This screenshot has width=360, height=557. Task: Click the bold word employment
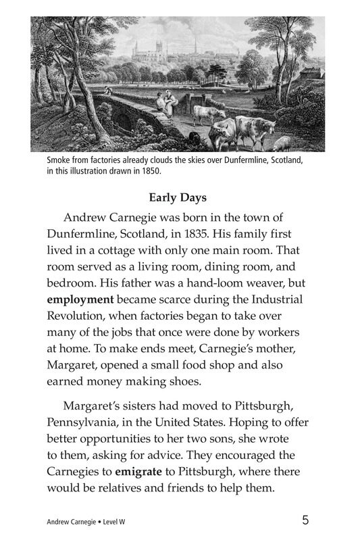coord(80,299)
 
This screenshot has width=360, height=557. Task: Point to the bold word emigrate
coord(143,471)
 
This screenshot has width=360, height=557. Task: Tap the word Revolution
coord(79,315)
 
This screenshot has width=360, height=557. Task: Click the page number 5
coord(306,520)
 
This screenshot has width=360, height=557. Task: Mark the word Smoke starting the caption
coord(59,161)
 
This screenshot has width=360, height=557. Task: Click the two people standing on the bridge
coord(164,103)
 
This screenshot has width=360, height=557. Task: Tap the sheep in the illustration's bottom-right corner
coord(283,143)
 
